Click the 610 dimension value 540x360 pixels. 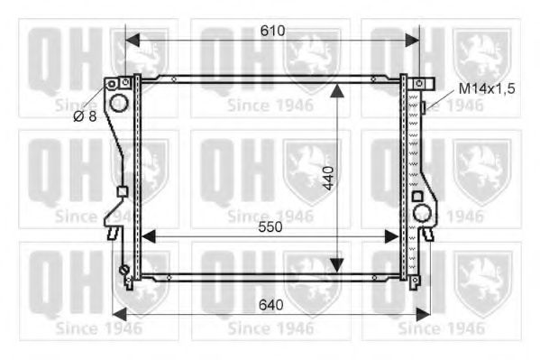272,31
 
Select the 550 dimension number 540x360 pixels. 270,227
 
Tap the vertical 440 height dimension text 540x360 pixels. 330,180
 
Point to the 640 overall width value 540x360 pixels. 270,305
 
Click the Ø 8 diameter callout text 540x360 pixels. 85,116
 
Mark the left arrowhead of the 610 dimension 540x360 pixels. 132,40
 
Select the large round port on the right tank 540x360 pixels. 422,213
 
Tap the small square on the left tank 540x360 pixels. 122,191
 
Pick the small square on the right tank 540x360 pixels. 416,196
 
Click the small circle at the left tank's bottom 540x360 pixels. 124,270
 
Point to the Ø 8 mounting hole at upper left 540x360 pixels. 113,84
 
